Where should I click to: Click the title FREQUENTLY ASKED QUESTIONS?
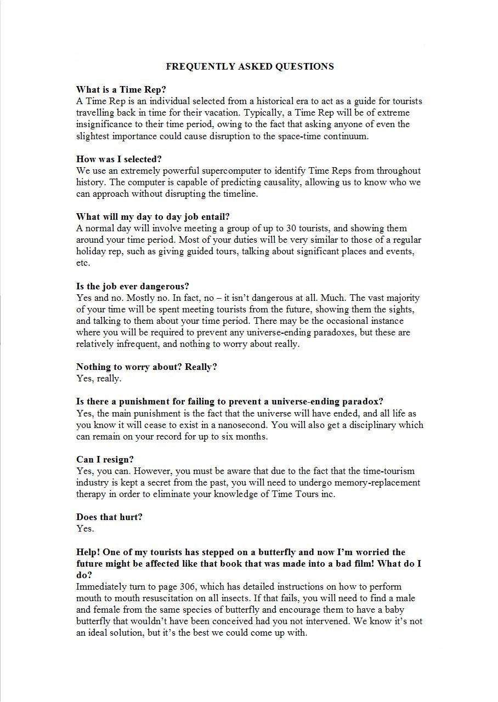click(x=250, y=66)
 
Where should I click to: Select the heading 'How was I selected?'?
click(x=118, y=159)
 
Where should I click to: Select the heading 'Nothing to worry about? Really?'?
click(x=146, y=367)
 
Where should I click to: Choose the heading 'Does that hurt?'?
click(x=109, y=517)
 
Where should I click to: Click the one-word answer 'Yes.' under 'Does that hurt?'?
click(x=85, y=528)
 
